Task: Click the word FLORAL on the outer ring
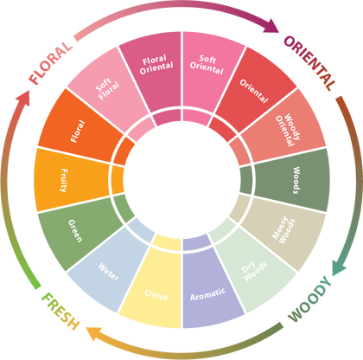tap(51, 63)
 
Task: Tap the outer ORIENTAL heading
tap(310, 63)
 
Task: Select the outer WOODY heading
tap(310, 299)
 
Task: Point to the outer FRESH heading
tap(60, 311)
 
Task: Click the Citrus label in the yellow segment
tap(156, 295)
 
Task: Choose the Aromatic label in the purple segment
tap(207, 294)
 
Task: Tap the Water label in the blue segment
tap(109, 272)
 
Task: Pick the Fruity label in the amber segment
tap(64, 180)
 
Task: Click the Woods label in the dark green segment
tap(296, 180)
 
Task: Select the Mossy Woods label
tap(283, 229)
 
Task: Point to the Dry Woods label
tap(254, 271)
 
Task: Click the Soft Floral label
tap(107, 88)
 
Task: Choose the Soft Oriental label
tap(207, 65)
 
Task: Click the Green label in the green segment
tap(75, 231)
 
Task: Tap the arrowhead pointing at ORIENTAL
tap(271, 26)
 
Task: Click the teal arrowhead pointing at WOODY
tap(339, 267)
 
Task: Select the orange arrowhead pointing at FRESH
tap(94, 333)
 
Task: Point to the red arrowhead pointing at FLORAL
tap(22, 99)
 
